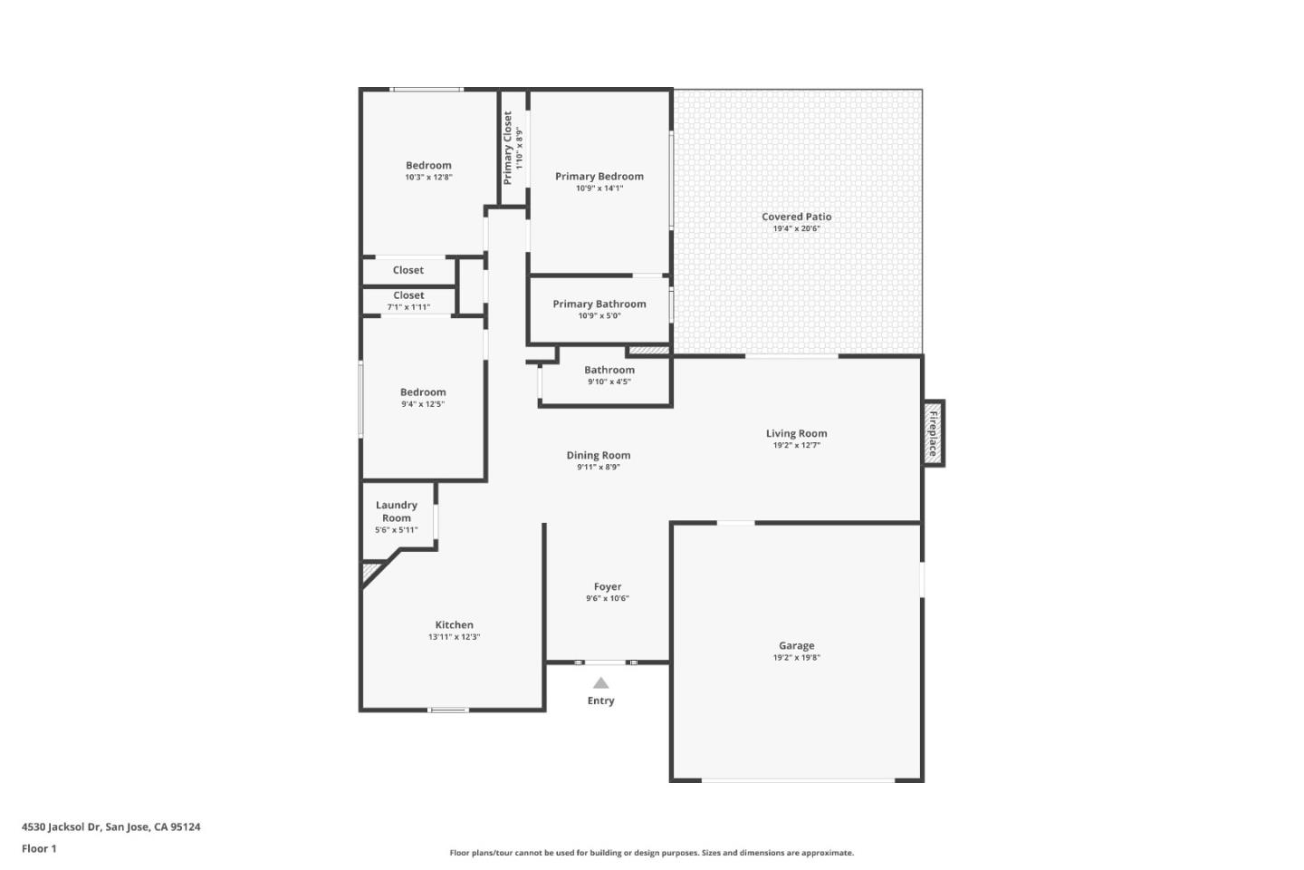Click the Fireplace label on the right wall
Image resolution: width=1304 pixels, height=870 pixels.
[x=933, y=433]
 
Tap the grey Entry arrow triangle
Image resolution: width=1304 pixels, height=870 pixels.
[x=600, y=683]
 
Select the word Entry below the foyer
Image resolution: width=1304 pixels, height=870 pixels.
[x=600, y=701]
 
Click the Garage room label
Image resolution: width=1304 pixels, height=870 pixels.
[x=796, y=645]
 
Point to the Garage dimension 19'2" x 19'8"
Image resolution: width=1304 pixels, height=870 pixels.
[x=796, y=658]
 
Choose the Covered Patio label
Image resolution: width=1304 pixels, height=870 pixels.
[x=796, y=217]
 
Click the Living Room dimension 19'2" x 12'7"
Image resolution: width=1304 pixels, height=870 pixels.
[x=796, y=446]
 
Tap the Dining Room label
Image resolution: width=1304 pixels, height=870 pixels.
[x=598, y=455]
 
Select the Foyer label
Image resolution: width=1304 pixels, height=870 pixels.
[x=607, y=586]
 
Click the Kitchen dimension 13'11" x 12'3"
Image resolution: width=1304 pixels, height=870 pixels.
[x=454, y=637]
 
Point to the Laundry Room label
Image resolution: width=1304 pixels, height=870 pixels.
[x=397, y=511]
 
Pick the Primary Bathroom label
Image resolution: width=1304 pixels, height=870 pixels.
[x=599, y=304]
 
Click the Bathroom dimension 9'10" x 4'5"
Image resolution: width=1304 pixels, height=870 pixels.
[x=609, y=382]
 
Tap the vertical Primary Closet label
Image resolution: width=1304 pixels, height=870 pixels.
[x=508, y=148]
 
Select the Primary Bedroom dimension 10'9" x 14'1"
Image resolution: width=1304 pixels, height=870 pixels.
[x=599, y=188]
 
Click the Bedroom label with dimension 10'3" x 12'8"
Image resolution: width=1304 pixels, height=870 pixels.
[x=428, y=165]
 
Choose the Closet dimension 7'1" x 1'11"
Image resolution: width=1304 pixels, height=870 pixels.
[x=408, y=307]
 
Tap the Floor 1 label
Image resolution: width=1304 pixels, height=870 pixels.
[x=39, y=848]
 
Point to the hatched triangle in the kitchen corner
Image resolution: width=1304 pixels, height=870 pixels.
[x=369, y=572]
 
